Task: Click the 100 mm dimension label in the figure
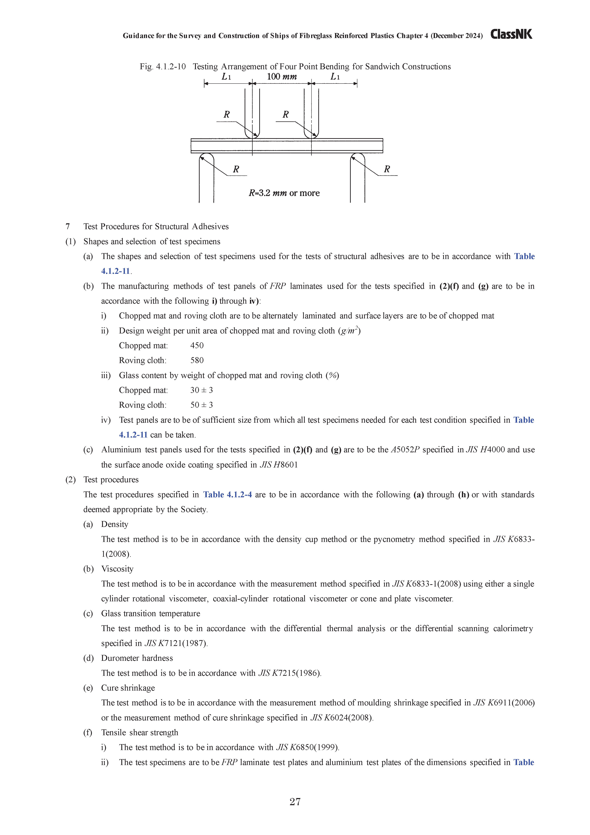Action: click(282, 77)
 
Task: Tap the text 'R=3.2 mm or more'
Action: click(284, 193)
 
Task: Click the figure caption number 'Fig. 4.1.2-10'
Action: click(163, 67)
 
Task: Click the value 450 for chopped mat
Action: click(197, 346)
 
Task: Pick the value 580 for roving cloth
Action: click(197, 360)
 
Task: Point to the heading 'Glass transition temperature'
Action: click(151, 613)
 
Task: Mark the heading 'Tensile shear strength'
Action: click(140, 732)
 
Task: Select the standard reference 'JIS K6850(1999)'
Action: click(308, 747)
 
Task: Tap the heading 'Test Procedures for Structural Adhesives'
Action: click(156, 227)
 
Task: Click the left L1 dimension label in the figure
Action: click(226, 77)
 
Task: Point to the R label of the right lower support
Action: click(387, 169)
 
